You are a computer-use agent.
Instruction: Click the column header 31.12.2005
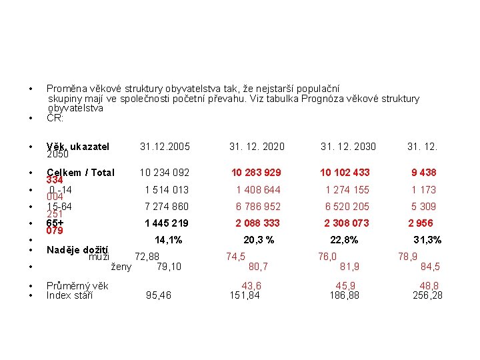pos(165,147)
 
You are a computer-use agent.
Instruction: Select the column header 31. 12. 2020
pos(257,147)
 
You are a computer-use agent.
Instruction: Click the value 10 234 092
pos(165,173)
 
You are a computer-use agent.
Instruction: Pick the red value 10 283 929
pos(256,173)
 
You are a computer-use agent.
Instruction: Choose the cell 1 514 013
pos(167,189)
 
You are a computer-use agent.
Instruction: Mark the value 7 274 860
pos(167,207)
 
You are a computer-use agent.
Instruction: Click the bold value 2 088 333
pos(258,223)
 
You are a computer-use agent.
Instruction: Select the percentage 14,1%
pos(168,240)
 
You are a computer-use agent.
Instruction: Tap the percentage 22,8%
pos(344,240)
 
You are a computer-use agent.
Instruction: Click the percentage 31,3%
pos(427,240)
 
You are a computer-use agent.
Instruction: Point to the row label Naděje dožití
pos(77,250)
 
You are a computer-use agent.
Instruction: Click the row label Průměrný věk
pos(77,285)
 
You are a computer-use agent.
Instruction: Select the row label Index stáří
pos(69,295)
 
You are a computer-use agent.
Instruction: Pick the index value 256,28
pos(427,295)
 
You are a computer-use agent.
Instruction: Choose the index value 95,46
pos(158,295)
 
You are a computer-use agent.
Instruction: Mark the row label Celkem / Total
pos(81,173)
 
